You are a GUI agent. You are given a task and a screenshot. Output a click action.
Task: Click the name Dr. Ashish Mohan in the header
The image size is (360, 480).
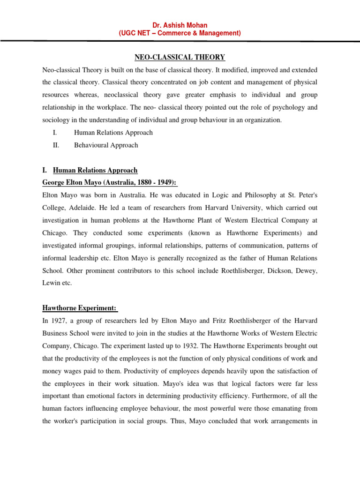click(180, 25)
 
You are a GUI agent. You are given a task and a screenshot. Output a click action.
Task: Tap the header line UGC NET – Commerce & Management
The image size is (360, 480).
click(180, 33)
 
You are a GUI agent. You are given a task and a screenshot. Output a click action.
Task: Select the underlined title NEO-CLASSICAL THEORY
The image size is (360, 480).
click(180, 57)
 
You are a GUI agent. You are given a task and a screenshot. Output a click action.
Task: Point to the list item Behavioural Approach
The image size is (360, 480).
click(106, 145)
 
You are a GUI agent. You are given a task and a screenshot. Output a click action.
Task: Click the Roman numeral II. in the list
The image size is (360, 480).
click(56, 145)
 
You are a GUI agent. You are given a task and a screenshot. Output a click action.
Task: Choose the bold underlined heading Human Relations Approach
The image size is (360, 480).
click(95, 170)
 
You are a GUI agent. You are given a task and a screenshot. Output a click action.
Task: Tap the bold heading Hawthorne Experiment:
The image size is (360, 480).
click(80, 295)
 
